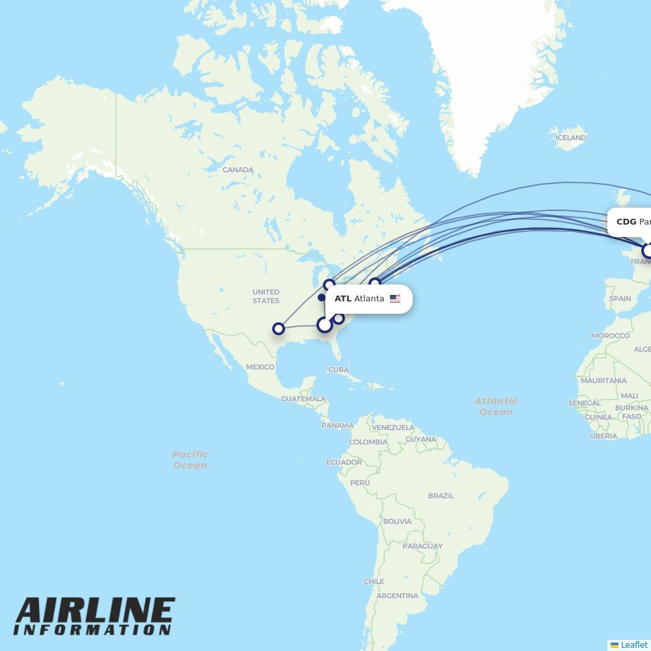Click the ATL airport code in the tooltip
342,299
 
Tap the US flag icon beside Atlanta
395,299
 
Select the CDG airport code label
626,222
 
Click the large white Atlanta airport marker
324,324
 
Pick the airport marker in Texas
279,329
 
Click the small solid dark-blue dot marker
322,298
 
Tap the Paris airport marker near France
648,250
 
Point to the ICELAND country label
571,138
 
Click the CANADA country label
238,170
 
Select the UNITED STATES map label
266,296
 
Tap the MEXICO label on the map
260,367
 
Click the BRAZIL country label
441,495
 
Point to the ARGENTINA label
397,596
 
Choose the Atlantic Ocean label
496,406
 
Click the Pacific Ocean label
190,460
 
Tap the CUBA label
339,369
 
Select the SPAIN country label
620,299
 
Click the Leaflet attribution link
633,644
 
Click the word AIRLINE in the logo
94,612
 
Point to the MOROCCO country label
610,336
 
